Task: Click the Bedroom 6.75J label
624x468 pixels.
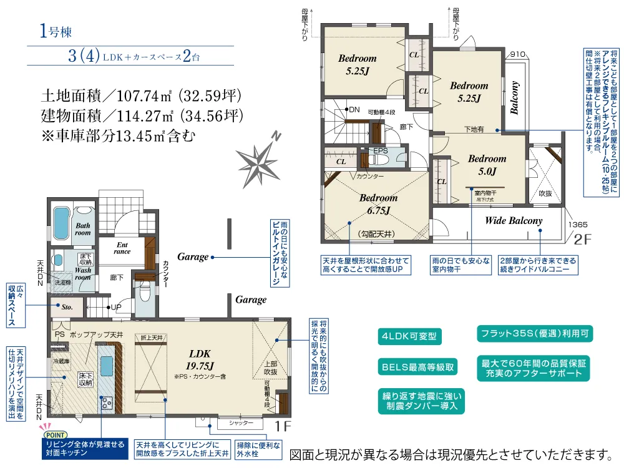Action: click(378, 204)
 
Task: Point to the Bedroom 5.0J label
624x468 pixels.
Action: click(487, 165)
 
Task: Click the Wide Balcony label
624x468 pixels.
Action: click(513, 221)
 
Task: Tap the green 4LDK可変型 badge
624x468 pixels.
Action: click(409, 338)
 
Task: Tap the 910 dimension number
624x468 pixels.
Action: click(518, 54)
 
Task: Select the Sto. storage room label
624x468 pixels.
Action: click(67, 306)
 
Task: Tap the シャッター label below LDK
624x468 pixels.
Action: click(240, 422)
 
